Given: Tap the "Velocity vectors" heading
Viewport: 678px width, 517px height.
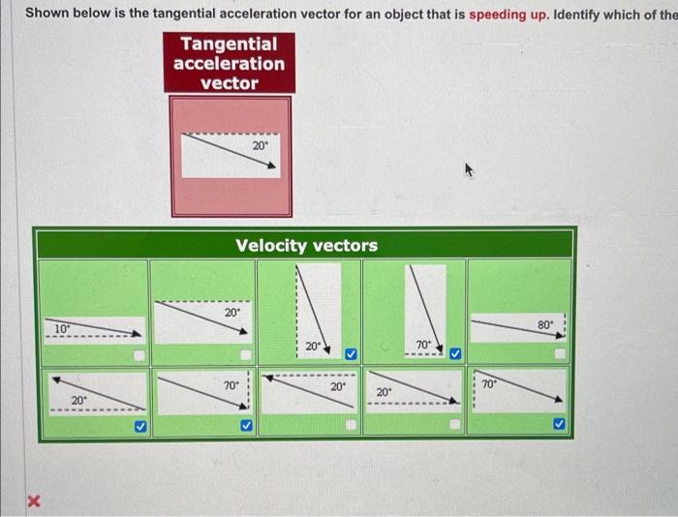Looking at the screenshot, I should coord(307,246).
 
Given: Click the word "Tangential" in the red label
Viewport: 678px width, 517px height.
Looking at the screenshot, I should coord(229,45).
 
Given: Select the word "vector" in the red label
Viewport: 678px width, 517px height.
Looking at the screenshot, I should coord(229,83).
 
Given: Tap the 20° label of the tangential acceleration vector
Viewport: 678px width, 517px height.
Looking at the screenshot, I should coord(260,145).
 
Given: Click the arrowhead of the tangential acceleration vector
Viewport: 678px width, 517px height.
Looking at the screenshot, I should coord(272,166).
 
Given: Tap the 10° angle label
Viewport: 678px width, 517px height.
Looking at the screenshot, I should coord(60,329).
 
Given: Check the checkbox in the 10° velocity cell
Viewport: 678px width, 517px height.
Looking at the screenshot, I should coord(139,356).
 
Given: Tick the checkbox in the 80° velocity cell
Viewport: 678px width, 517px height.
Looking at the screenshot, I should coord(559,356).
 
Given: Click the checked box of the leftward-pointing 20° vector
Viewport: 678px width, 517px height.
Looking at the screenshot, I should coord(139,425).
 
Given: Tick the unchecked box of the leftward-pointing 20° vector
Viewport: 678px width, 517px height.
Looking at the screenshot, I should coord(350,425).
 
